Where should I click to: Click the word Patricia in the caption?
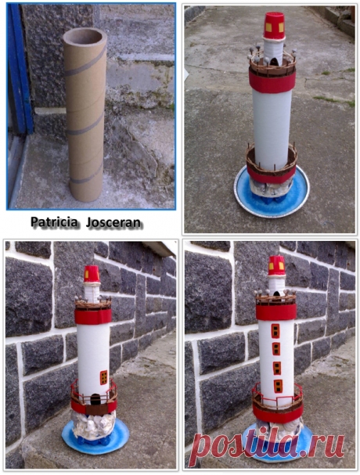(54, 222)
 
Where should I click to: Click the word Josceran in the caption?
(113, 223)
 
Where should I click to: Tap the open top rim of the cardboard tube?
(85, 35)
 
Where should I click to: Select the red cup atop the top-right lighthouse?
(274, 26)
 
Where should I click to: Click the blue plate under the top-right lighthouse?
(272, 193)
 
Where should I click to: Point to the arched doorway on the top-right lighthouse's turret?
(274, 62)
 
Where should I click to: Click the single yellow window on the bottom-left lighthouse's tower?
(103, 377)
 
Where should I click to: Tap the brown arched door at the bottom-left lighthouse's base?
(95, 399)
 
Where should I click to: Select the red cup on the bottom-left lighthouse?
(92, 274)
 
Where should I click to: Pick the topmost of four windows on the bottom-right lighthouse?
(275, 331)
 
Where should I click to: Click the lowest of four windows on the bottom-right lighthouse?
(278, 387)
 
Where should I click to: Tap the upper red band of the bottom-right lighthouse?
(276, 312)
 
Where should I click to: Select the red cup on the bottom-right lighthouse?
(277, 266)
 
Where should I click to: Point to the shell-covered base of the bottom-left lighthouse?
(94, 423)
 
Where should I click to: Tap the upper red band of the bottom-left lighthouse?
(93, 316)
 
